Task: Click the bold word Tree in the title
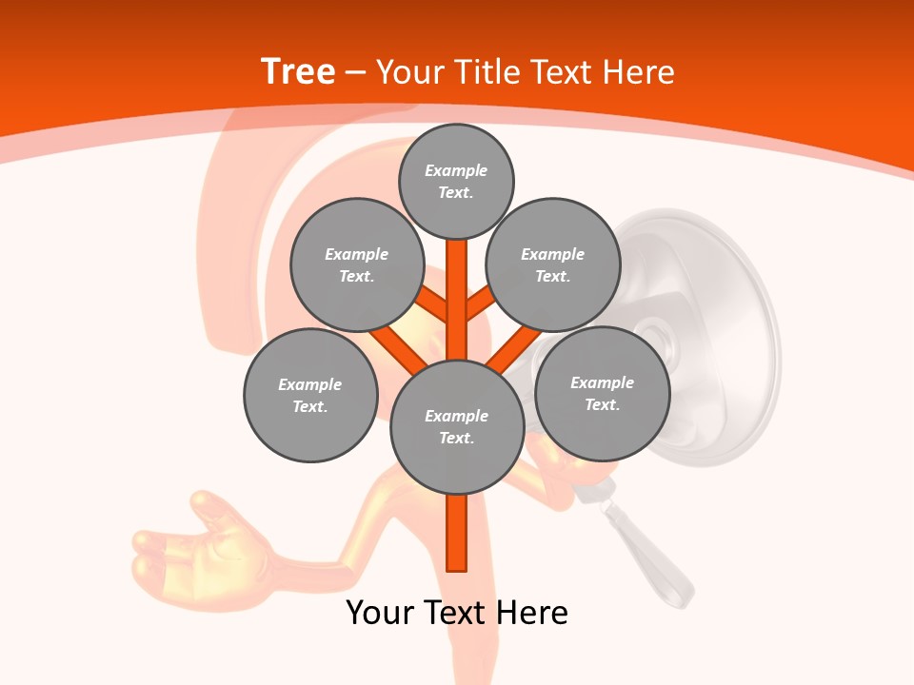[x=298, y=71]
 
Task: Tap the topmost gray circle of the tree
[x=456, y=182]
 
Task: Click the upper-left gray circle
[x=356, y=264]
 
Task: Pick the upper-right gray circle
[x=553, y=264]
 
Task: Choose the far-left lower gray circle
[x=310, y=395]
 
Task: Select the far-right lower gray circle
[x=602, y=393]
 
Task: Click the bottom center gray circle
[x=456, y=427]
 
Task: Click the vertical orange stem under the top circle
[x=457, y=285]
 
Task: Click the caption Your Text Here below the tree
[x=457, y=613]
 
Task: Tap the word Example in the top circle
[x=456, y=171]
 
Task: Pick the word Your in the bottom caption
[x=379, y=613]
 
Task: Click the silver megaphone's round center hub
[x=654, y=336]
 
